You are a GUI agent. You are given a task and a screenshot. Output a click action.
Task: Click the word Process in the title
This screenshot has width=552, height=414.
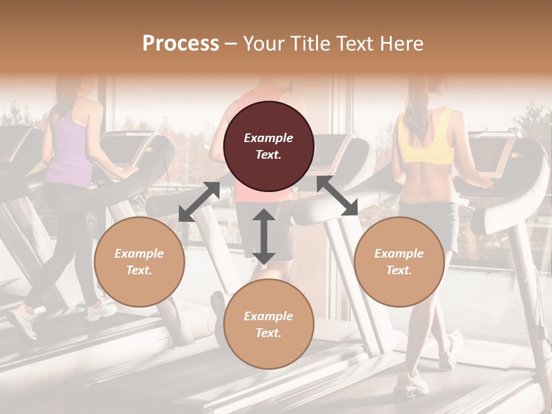tap(181, 44)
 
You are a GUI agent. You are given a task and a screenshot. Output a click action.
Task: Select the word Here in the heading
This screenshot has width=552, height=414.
tap(401, 44)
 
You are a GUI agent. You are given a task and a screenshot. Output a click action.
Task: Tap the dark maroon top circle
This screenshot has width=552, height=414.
tap(269, 147)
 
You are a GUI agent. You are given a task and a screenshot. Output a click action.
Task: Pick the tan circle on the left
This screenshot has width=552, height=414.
tap(139, 262)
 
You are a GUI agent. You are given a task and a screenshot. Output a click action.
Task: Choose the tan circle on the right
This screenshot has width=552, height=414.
tap(399, 262)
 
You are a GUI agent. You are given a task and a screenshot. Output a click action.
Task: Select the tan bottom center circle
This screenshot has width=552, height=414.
tap(269, 324)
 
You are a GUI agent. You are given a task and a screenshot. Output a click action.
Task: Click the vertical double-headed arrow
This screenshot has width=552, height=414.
tap(264, 236)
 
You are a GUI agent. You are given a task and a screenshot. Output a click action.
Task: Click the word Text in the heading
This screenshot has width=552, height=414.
tap(356, 44)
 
